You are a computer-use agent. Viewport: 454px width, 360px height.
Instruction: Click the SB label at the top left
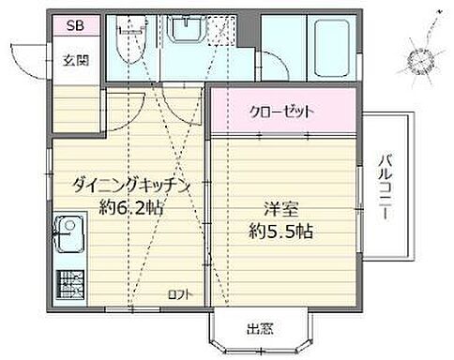click(x=73, y=26)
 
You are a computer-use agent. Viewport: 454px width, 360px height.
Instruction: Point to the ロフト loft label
click(x=177, y=294)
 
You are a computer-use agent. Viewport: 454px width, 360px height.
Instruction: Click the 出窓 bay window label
click(x=260, y=329)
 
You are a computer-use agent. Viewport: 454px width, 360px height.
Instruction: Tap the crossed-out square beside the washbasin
click(x=220, y=34)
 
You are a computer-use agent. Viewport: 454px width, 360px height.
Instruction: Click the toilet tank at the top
click(x=124, y=27)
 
